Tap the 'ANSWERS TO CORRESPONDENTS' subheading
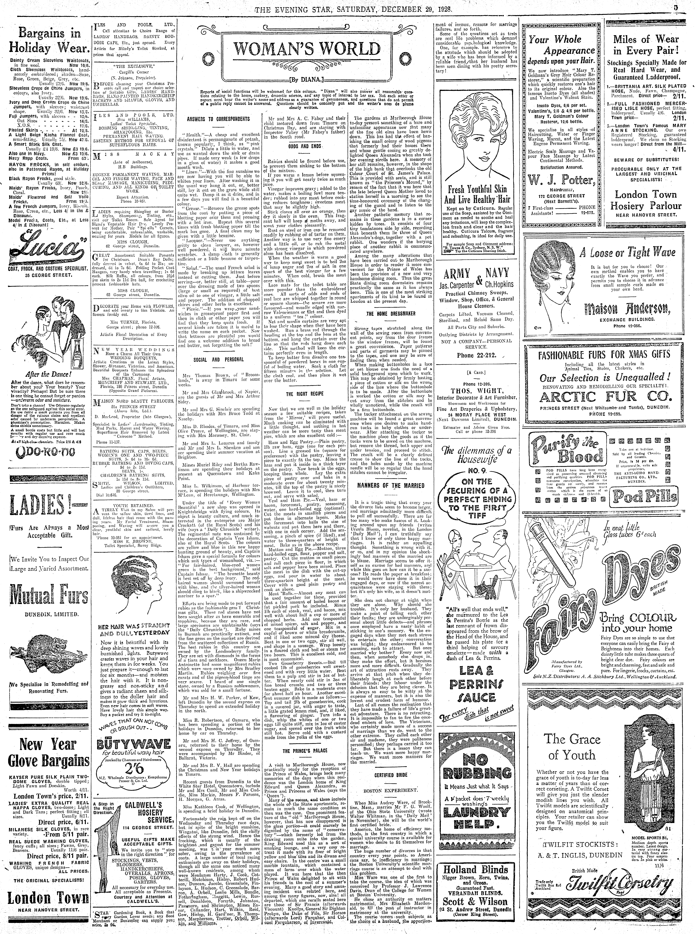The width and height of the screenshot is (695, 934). coord(218,119)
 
